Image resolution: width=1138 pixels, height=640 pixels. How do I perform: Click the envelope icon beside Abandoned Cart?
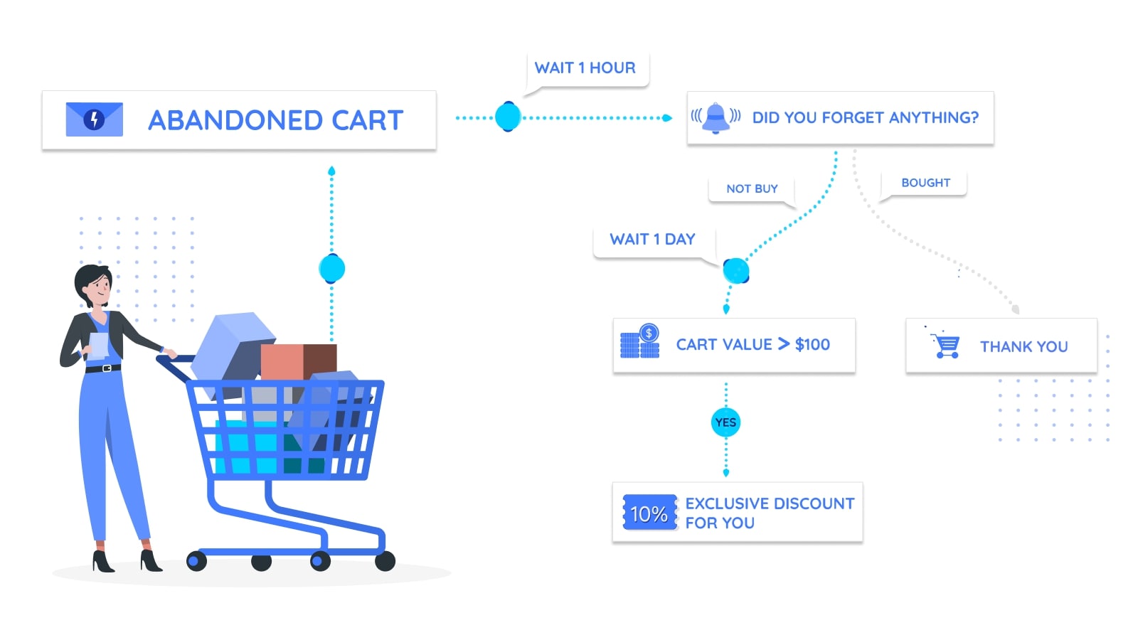click(95, 119)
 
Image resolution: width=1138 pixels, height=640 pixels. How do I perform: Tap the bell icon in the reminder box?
click(716, 118)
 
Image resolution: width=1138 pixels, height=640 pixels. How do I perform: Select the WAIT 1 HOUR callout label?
click(585, 68)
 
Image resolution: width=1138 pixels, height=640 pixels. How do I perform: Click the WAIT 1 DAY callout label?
click(652, 239)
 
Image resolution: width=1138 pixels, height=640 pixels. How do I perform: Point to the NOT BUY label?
click(752, 189)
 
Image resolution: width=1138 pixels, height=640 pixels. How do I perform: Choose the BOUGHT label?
click(925, 183)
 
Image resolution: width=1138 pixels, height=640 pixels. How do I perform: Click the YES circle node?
click(725, 422)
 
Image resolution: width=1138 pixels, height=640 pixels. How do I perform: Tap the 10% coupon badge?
click(650, 513)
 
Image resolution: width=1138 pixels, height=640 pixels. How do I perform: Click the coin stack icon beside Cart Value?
click(640, 341)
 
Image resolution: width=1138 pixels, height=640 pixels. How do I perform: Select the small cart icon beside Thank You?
click(944, 343)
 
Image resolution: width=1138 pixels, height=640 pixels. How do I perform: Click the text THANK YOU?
click(1023, 347)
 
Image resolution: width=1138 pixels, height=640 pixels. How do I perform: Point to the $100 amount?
click(812, 345)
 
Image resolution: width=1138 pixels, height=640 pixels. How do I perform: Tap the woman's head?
click(93, 285)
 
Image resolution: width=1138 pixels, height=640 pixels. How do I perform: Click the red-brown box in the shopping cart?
click(299, 362)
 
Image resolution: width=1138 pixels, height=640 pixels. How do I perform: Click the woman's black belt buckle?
click(106, 368)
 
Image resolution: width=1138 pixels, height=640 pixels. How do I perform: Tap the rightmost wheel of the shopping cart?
click(385, 561)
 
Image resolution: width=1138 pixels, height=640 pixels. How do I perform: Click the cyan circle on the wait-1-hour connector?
click(508, 117)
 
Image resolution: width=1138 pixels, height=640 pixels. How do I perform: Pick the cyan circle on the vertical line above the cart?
click(331, 268)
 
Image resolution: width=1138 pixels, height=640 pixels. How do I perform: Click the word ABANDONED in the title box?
click(235, 121)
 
